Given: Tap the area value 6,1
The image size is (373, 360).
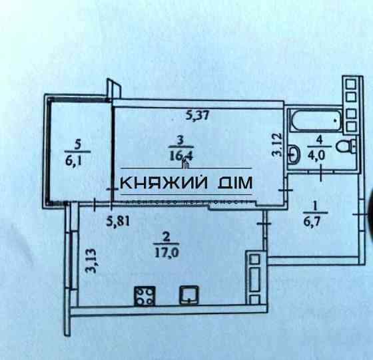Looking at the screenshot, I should click(x=78, y=158).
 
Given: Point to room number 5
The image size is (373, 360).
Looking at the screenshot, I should click(x=78, y=142).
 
